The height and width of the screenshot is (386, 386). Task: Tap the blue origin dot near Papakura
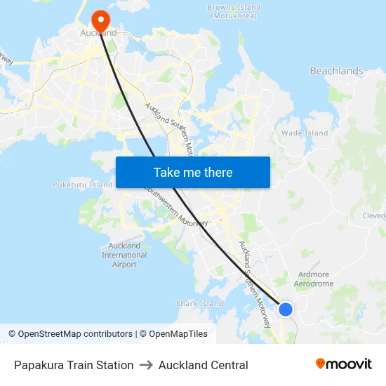click(286, 309)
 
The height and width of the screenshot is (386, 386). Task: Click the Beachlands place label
click(337, 71)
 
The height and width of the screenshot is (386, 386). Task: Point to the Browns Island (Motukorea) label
click(234, 11)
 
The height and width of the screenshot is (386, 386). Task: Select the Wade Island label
click(305, 133)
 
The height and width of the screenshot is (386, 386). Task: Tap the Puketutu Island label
click(82, 185)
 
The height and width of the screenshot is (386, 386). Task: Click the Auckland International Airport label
click(124, 255)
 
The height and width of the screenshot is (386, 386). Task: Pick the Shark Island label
click(199, 304)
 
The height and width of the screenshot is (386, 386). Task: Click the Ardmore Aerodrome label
click(314, 279)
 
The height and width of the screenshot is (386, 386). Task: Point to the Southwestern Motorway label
click(175, 208)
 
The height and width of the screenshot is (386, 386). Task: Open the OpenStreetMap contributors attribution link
click(70, 334)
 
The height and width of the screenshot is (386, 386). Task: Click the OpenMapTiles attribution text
click(178, 334)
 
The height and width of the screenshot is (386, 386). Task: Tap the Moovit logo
click(343, 364)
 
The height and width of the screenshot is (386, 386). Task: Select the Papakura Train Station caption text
click(74, 365)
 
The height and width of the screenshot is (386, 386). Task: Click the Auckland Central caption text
click(203, 365)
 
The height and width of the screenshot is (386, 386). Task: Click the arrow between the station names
click(146, 365)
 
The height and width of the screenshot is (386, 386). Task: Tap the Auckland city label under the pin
click(99, 32)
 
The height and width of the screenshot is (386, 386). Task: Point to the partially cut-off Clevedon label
click(374, 216)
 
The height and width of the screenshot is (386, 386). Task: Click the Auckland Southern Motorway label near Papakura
click(255, 284)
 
